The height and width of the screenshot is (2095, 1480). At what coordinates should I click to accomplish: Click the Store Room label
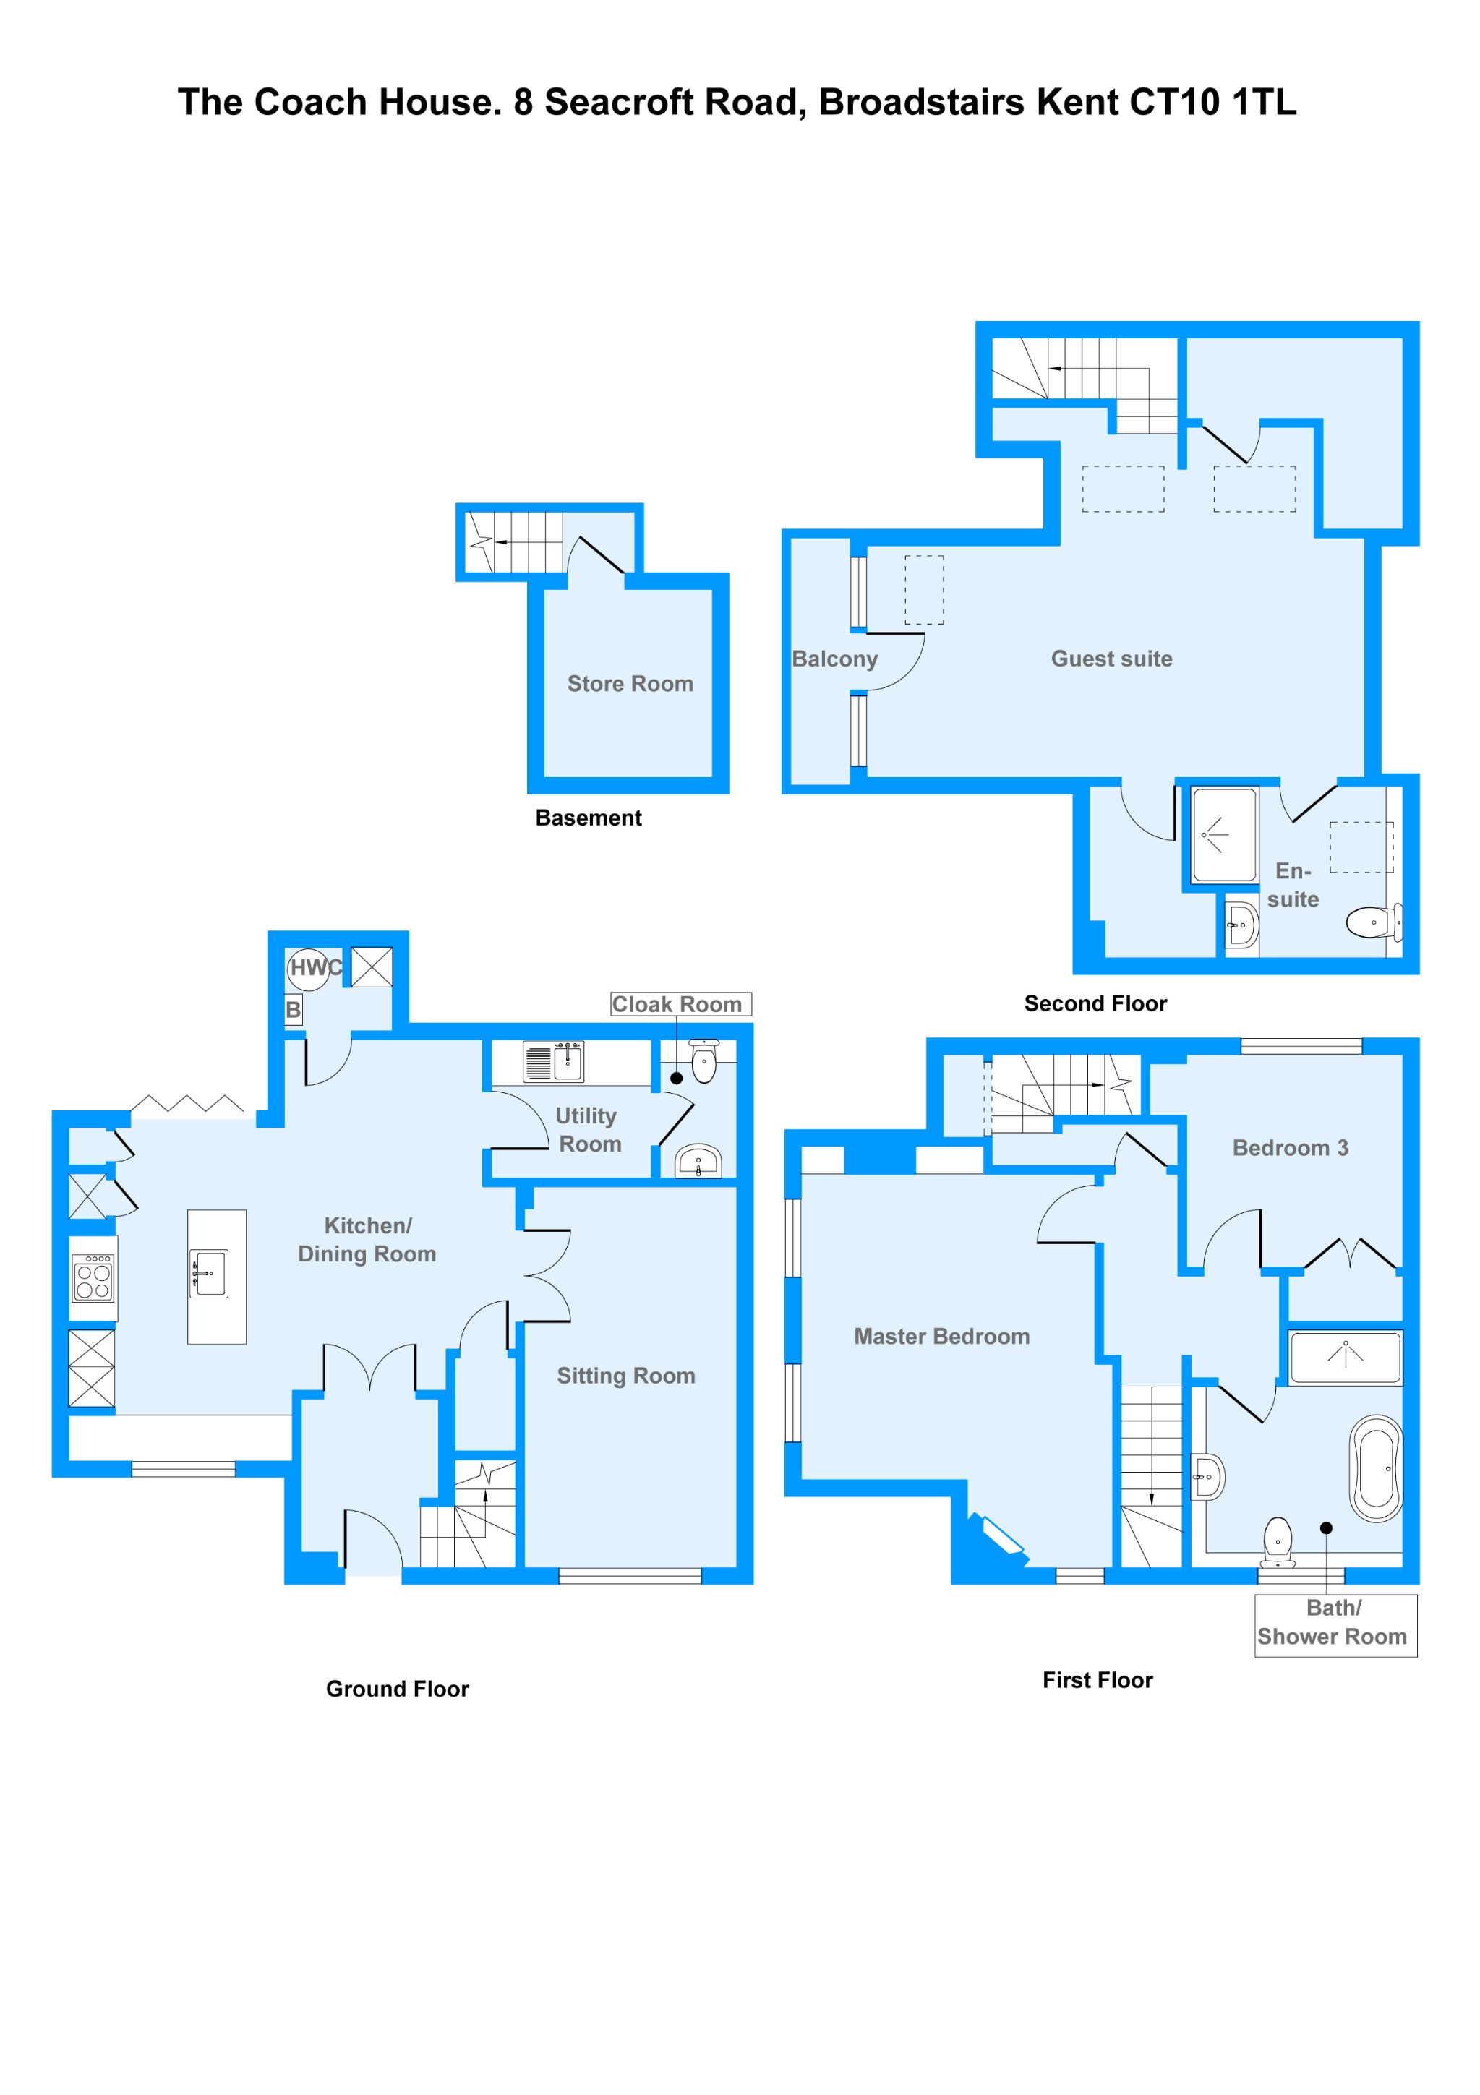pos(630,683)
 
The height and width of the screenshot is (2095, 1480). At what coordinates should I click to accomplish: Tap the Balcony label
pos(834,659)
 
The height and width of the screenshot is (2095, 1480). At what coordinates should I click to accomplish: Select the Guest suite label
pos(1111,659)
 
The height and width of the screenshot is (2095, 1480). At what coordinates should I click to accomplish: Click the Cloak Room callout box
pos(680,1003)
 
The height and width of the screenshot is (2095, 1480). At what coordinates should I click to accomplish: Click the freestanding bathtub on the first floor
pos(1376,1468)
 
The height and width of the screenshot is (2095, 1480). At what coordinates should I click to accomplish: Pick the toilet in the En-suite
pos(1372,922)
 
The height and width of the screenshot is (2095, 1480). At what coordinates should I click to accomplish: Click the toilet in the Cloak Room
pos(703,1061)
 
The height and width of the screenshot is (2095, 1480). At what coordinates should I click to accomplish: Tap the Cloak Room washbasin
pos(698,1162)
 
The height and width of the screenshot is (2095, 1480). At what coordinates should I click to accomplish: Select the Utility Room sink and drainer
pos(553,1062)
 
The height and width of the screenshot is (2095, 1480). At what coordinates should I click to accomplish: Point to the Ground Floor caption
pos(397,1689)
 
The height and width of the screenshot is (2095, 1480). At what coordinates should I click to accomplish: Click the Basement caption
pos(588,818)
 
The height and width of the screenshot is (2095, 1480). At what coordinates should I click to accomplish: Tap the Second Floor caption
pos(1095,1003)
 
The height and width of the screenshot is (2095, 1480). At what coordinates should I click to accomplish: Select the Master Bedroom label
pos(941,1337)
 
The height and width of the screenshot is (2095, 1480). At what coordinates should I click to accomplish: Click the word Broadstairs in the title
pos(922,102)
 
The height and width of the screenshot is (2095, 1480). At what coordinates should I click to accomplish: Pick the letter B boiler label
pos(293,1010)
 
